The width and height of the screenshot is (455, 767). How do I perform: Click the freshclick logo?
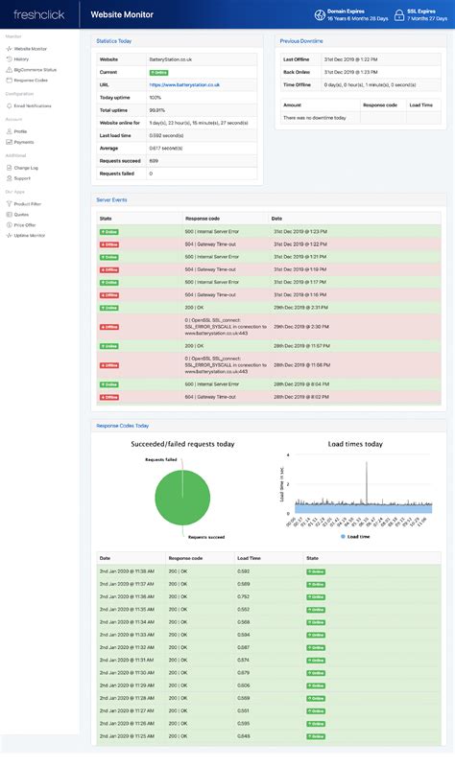pos(38,14)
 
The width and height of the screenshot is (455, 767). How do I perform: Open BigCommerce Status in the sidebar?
pos(35,69)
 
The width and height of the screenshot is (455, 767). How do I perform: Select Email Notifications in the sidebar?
pos(33,105)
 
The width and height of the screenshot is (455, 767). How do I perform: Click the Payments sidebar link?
pos(23,142)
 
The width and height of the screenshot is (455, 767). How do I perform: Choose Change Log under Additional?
pos(26,167)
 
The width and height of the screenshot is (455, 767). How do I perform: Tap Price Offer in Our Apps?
pos(25,224)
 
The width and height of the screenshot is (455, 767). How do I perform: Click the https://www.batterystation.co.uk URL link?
pos(184,84)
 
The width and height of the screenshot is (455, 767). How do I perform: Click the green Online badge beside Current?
pos(158,72)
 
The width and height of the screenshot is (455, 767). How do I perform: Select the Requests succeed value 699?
pos(154,161)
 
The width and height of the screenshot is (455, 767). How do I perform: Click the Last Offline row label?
pos(296,59)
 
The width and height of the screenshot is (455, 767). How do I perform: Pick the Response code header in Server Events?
pos(202,219)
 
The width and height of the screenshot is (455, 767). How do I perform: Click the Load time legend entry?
pos(357,537)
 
